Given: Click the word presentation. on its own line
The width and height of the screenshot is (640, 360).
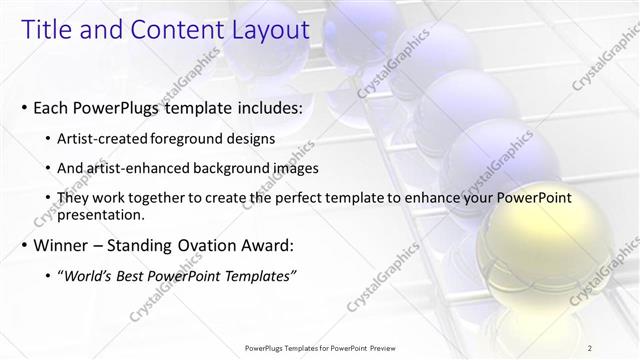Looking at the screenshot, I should [101, 214].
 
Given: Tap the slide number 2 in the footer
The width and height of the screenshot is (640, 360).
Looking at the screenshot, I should [591, 348].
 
